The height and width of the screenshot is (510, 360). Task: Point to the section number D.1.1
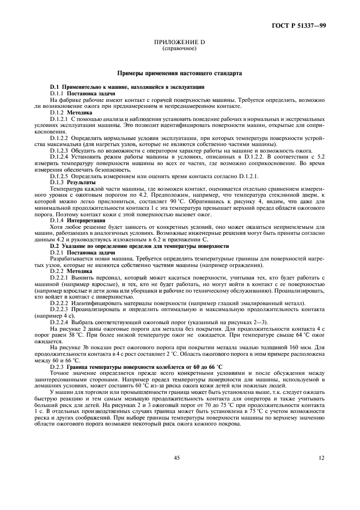pos(57,94)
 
